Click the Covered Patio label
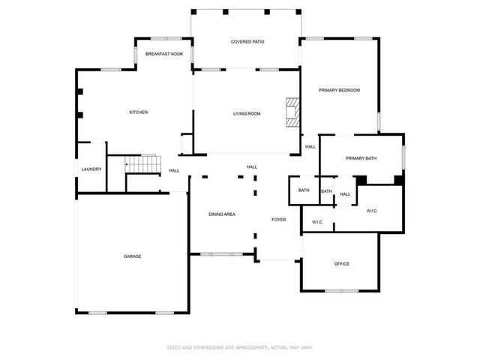[x=247, y=42]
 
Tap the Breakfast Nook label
[x=164, y=54]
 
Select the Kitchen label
[x=139, y=112]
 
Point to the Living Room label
[x=247, y=113]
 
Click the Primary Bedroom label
[x=339, y=90]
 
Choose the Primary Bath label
[x=361, y=157]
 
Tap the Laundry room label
[x=91, y=169]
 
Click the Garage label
[x=133, y=256]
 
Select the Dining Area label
[x=222, y=215]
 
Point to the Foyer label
[x=278, y=219]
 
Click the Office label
[x=342, y=263]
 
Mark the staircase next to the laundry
[x=142, y=163]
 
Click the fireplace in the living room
[x=292, y=112]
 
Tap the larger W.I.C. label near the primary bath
[x=372, y=211]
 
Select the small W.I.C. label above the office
[x=317, y=221]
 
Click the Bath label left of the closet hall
[x=304, y=190]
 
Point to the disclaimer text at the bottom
[x=239, y=347]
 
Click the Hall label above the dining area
[x=252, y=166]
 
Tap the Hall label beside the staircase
[x=174, y=171]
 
